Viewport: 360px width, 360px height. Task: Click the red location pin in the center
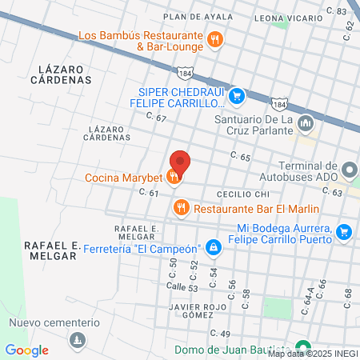tap(180, 163)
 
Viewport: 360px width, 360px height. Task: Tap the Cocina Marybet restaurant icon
tap(175, 178)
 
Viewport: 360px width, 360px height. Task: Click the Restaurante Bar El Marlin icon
tap(181, 209)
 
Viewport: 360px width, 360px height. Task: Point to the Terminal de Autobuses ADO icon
tap(349, 170)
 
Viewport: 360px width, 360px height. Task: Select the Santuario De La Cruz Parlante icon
tap(306, 125)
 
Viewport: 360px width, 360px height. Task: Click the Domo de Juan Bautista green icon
tap(302, 349)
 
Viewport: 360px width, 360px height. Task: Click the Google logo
tap(26, 350)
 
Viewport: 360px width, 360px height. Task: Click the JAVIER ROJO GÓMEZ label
tap(193, 310)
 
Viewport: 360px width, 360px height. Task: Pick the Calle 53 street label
tap(182, 287)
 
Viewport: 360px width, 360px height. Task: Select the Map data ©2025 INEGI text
tap(312, 354)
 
